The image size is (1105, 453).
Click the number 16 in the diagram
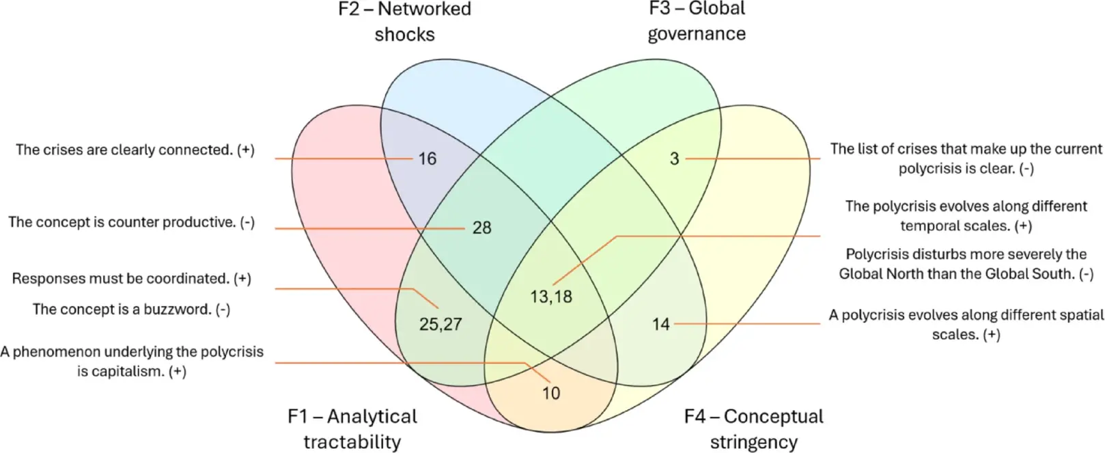click(x=427, y=159)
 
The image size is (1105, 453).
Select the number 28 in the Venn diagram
click(x=481, y=228)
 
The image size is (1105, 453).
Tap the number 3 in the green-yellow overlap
click(x=674, y=159)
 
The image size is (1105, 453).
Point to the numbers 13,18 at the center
click(x=551, y=297)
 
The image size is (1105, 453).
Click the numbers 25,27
click(x=440, y=325)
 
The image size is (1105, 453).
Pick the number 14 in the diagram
click(x=660, y=325)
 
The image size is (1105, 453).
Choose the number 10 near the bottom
click(x=551, y=393)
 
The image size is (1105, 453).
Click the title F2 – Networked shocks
click(x=405, y=21)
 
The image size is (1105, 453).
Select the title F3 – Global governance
click(x=697, y=21)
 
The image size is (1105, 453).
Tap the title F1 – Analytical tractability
click(x=352, y=428)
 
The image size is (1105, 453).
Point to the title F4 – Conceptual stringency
click(x=754, y=428)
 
